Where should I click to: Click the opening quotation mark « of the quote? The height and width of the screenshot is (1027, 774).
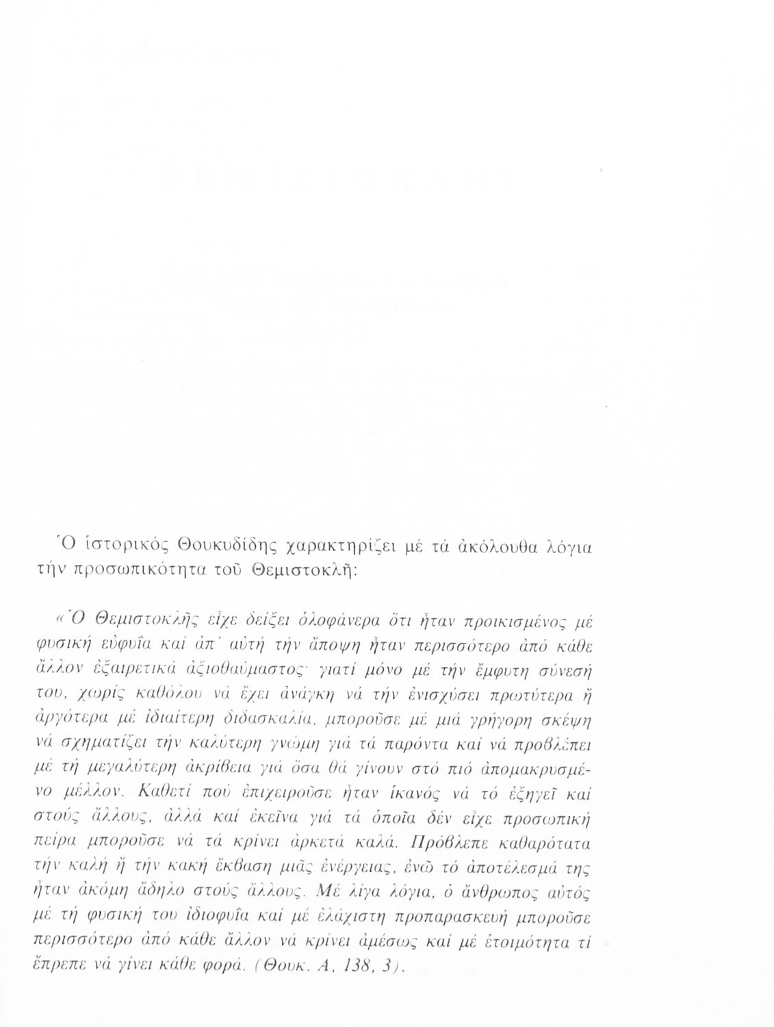58,622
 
